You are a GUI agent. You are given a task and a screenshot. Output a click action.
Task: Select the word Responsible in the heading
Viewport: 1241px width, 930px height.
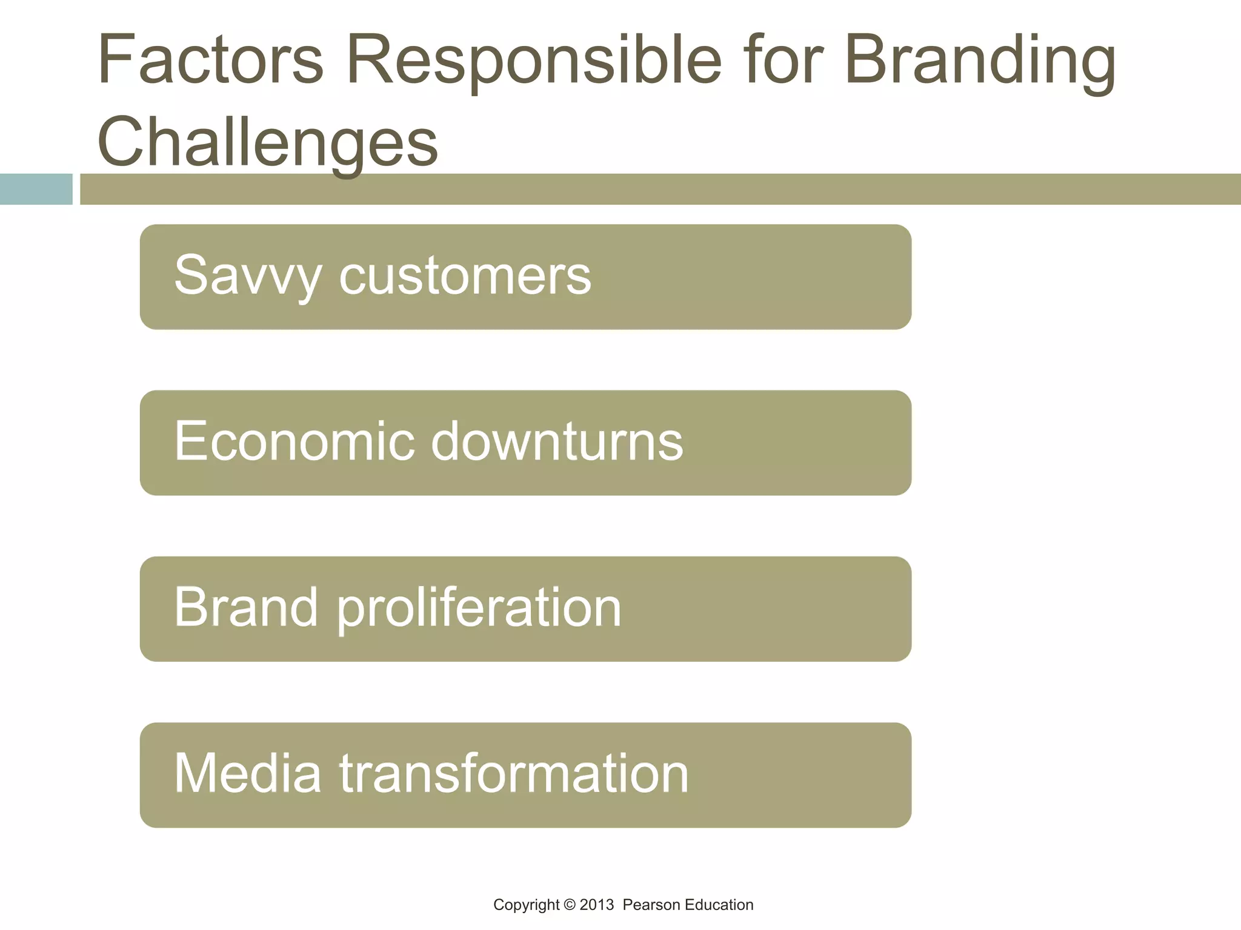[533, 61]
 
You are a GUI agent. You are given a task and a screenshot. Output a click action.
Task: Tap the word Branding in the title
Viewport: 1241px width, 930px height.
[980, 61]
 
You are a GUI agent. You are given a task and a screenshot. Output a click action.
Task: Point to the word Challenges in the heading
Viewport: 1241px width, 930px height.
[267, 143]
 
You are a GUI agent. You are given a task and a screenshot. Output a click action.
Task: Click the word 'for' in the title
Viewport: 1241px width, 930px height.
[784, 61]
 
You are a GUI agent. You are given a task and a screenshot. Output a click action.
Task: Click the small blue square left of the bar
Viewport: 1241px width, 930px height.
[36, 189]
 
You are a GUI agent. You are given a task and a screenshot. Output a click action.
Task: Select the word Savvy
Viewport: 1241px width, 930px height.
[247, 275]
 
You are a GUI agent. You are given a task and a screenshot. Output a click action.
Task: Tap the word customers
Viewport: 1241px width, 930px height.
[465, 275]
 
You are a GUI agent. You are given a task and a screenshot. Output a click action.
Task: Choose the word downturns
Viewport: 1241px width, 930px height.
[557, 441]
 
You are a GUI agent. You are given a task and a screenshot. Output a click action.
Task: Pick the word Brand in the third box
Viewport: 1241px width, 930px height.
[245, 607]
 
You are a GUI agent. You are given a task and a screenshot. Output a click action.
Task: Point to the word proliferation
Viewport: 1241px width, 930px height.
[479, 607]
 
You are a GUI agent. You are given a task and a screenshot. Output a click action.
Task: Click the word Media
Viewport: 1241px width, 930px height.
[247, 773]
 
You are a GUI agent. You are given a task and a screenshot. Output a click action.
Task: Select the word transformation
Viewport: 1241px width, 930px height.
[514, 773]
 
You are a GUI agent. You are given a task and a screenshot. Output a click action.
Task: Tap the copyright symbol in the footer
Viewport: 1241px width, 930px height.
[569, 905]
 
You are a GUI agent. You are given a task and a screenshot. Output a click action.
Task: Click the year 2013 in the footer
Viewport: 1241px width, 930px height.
[596, 905]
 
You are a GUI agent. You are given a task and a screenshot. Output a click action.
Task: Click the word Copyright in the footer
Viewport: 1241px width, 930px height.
[526, 905]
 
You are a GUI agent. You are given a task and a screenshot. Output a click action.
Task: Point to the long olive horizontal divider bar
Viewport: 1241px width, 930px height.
[660, 189]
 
